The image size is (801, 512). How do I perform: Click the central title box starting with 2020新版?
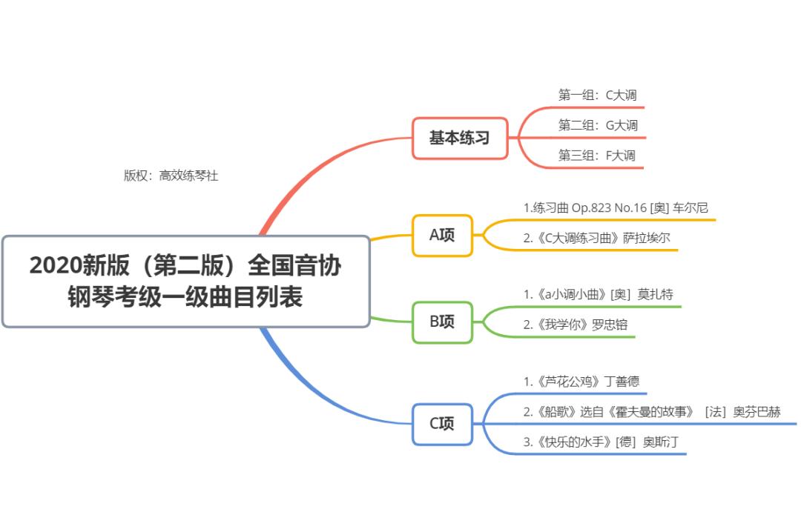click(x=185, y=282)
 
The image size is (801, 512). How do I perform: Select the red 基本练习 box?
click(x=460, y=138)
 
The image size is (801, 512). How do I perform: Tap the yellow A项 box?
click(x=442, y=236)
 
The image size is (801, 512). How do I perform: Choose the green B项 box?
click(x=442, y=322)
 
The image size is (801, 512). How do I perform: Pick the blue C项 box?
click(x=442, y=424)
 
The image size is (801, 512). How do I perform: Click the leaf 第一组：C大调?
click(x=597, y=95)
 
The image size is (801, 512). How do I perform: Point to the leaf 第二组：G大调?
click(x=598, y=125)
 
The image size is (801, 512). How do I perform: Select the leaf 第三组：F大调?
click(x=597, y=156)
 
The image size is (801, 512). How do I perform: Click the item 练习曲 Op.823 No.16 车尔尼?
click(x=616, y=208)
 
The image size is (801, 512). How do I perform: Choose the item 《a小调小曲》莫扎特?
click(x=598, y=294)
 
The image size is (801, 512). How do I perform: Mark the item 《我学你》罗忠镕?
click(x=576, y=325)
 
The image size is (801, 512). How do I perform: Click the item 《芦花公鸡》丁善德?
click(x=581, y=382)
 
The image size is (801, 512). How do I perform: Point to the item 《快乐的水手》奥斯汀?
click(x=601, y=442)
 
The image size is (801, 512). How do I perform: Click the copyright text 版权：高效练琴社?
click(x=171, y=176)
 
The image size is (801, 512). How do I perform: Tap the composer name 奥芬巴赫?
click(x=756, y=412)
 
